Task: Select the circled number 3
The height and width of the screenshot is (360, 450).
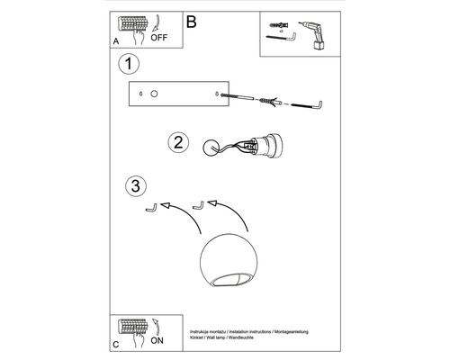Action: [134, 186]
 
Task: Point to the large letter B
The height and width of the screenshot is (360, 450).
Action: [190, 21]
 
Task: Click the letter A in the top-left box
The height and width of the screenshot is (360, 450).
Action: [116, 41]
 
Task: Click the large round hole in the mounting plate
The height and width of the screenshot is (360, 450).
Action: [154, 93]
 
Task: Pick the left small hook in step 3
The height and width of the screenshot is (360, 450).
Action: [153, 208]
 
